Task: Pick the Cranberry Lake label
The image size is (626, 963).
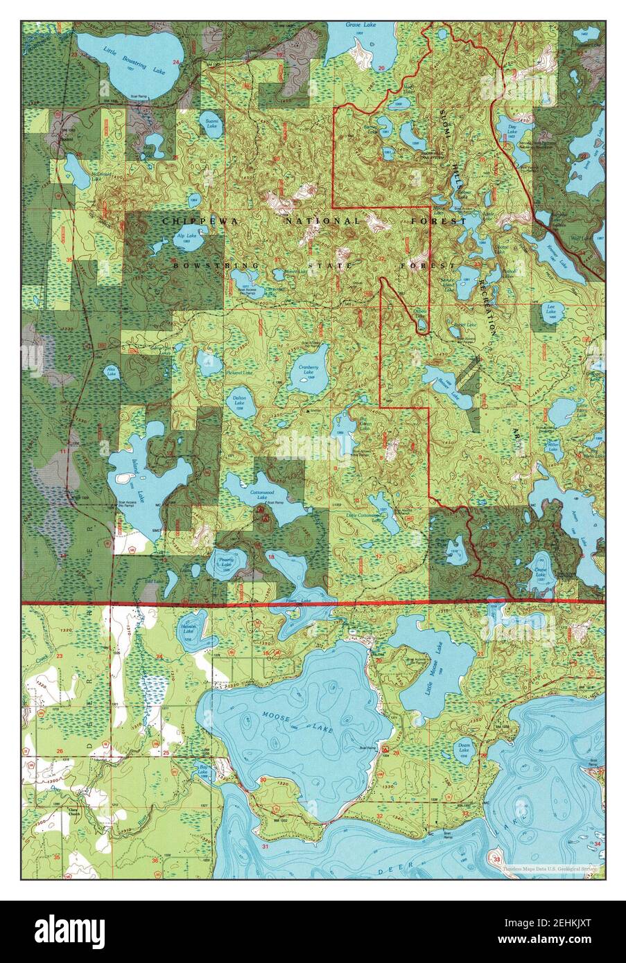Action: [308, 371]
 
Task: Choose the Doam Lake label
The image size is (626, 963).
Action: [465, 748]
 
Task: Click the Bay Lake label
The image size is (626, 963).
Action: [203, 769]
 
